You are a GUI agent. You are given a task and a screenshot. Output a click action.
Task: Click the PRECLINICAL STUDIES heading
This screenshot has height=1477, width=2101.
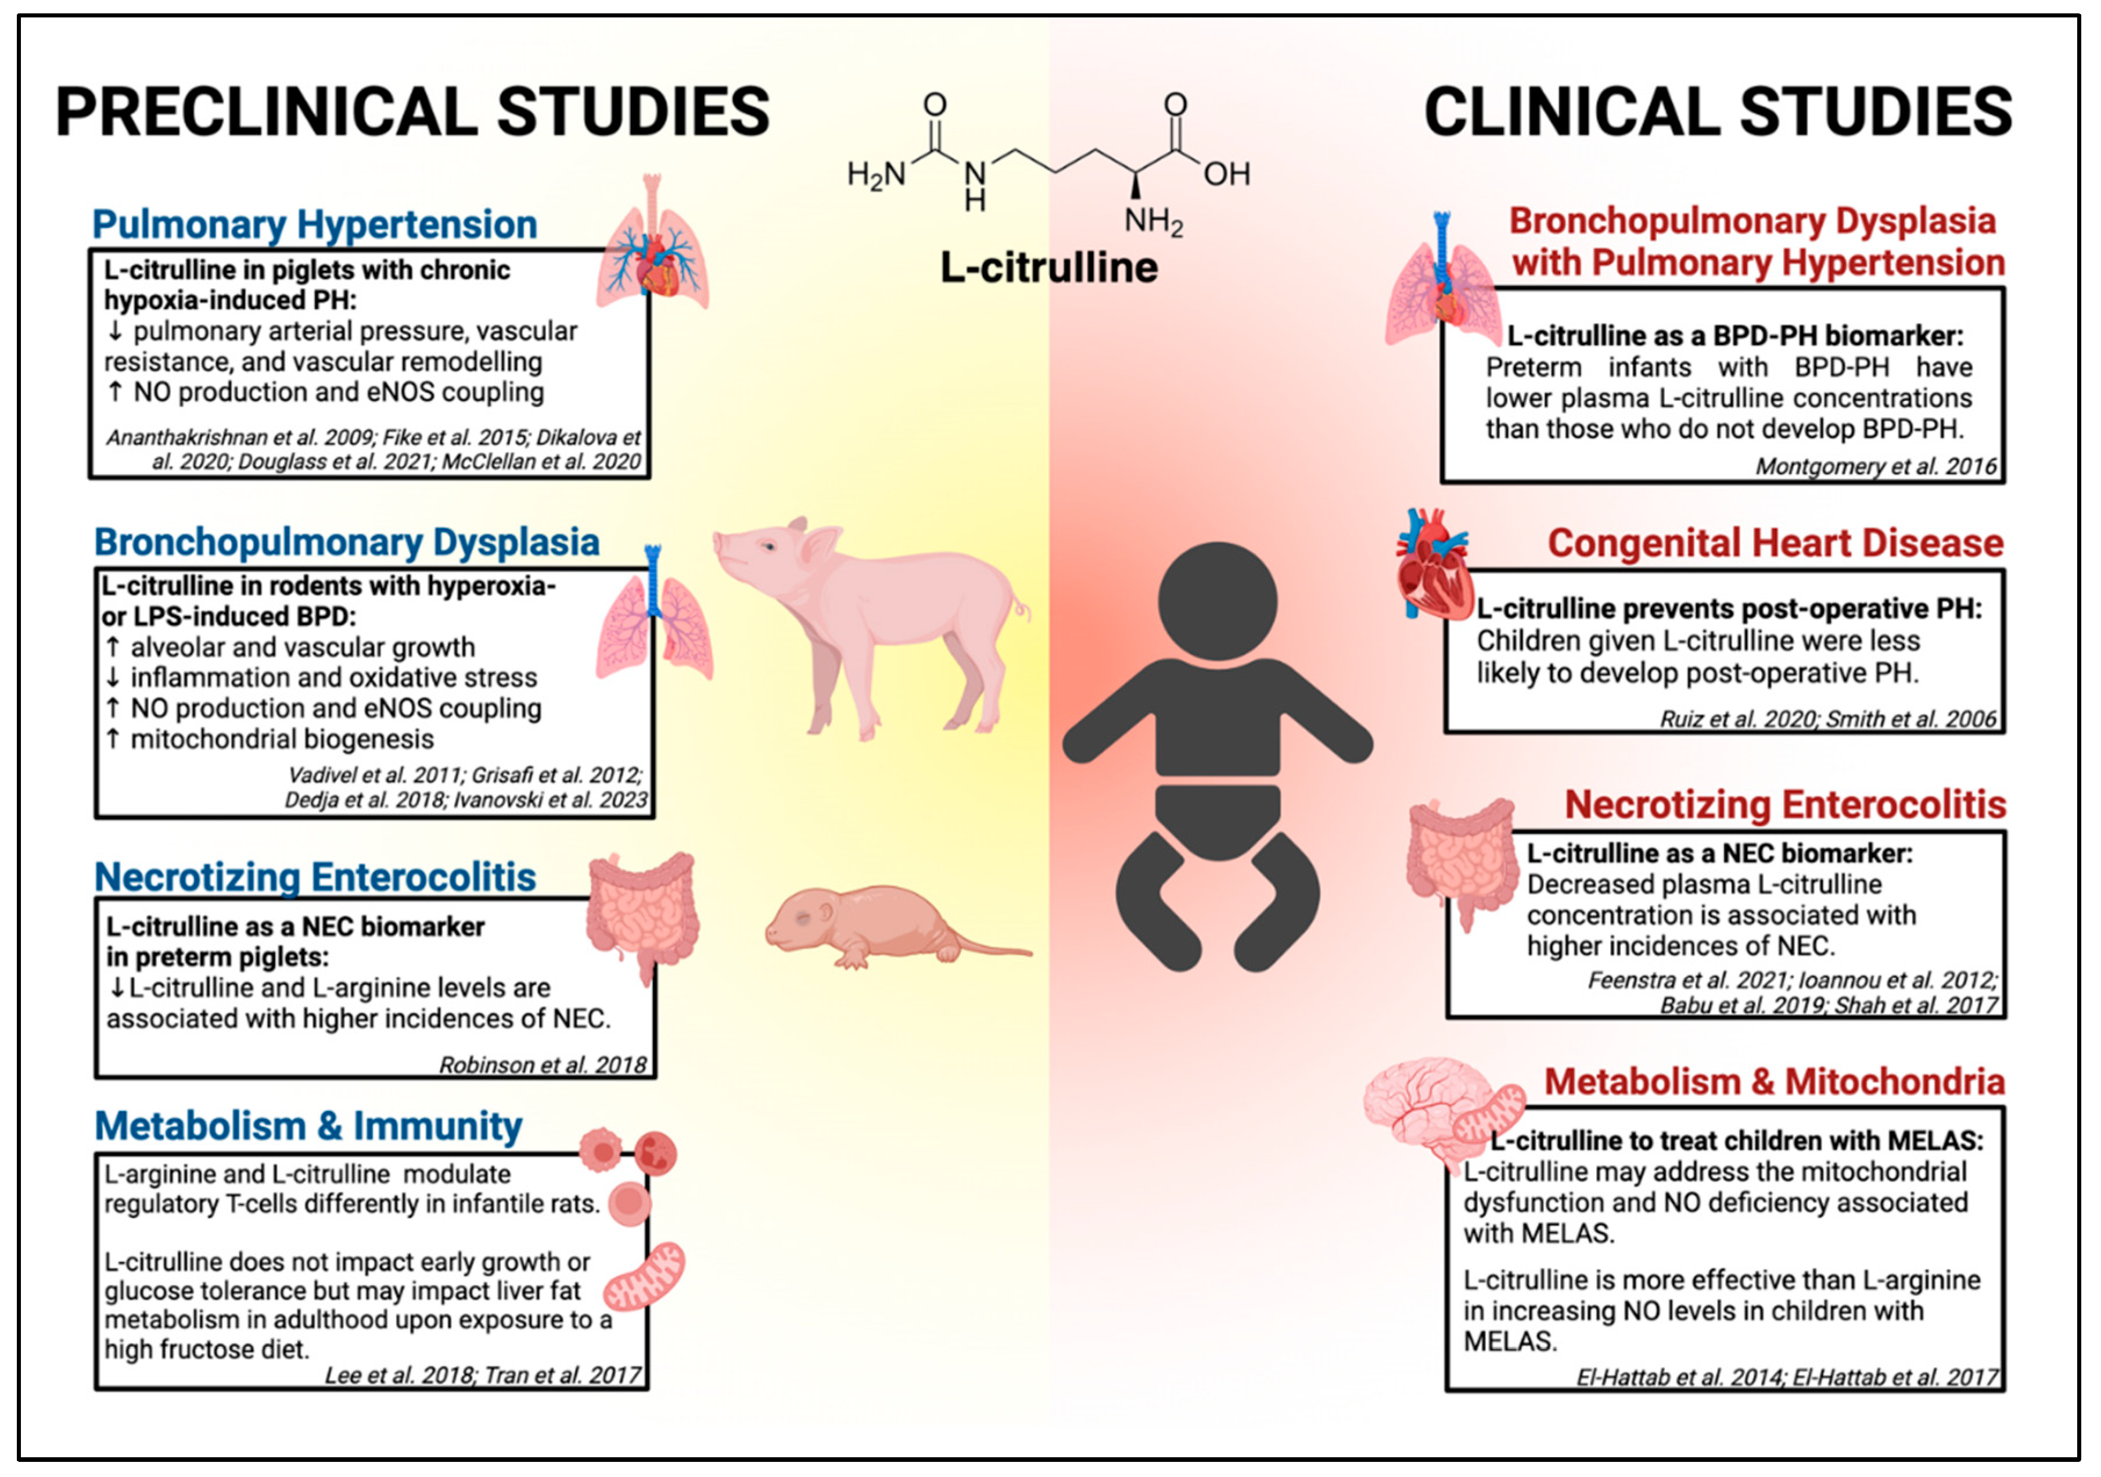[412, 112]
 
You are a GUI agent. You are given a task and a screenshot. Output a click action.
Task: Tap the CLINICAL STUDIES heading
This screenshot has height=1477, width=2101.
[1718, 112]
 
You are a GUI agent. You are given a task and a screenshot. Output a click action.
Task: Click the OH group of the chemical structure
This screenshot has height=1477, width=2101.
[1226, 174]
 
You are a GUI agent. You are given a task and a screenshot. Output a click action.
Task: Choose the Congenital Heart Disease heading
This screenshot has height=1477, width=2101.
[1775, 543]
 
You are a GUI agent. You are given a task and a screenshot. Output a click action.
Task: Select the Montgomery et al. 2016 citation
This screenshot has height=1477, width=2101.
[1875, 467]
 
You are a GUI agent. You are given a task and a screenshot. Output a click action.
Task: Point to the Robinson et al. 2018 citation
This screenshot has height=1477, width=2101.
[543, 1065]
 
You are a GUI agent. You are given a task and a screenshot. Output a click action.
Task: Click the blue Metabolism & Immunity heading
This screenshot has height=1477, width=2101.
[308, 1127]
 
